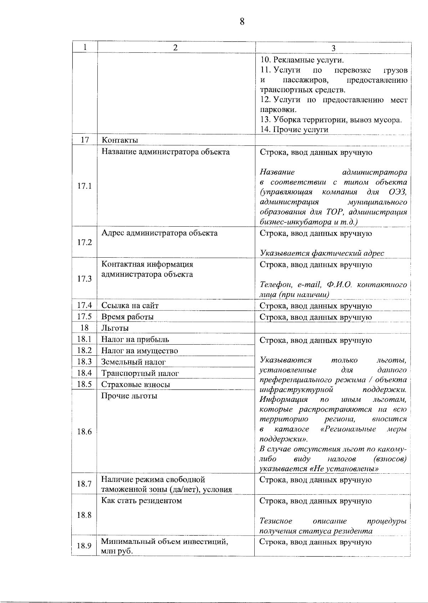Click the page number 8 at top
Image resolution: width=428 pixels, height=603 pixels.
click(x=242, y=22)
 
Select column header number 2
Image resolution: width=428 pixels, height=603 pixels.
click(x=175, y=48)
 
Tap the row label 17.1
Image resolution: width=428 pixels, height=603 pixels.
click(x=85, y=186)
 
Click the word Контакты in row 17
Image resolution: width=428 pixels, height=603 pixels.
click(x=120, y=140)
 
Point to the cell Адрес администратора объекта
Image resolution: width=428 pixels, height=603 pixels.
click(x=159, y=233)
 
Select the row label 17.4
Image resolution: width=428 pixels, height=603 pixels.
click(x=85, y=305)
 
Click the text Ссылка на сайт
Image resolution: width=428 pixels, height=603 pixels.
click(x=130, y=306)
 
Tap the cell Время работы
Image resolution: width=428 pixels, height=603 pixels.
click(x=127, y=317)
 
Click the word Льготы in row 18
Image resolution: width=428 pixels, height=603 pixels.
click(x=115, y=328)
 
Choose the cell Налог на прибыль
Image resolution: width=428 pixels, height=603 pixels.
click(x=135, y=340)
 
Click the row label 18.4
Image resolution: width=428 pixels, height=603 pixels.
click(x=85, y=373)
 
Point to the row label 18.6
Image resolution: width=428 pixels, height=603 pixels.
click(x=85, y=432)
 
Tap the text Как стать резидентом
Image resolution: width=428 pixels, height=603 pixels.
click(x=142, y=501)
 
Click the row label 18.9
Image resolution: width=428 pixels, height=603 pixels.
click(x=85, y=546)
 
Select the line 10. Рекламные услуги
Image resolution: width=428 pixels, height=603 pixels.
click(x=297, y=60)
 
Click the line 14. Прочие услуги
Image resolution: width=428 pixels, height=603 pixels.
click(x=294, y=130)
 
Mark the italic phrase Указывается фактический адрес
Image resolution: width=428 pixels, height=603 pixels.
click(x=322, y=253)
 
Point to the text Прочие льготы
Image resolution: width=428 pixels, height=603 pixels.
click(x=129, y=396)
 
